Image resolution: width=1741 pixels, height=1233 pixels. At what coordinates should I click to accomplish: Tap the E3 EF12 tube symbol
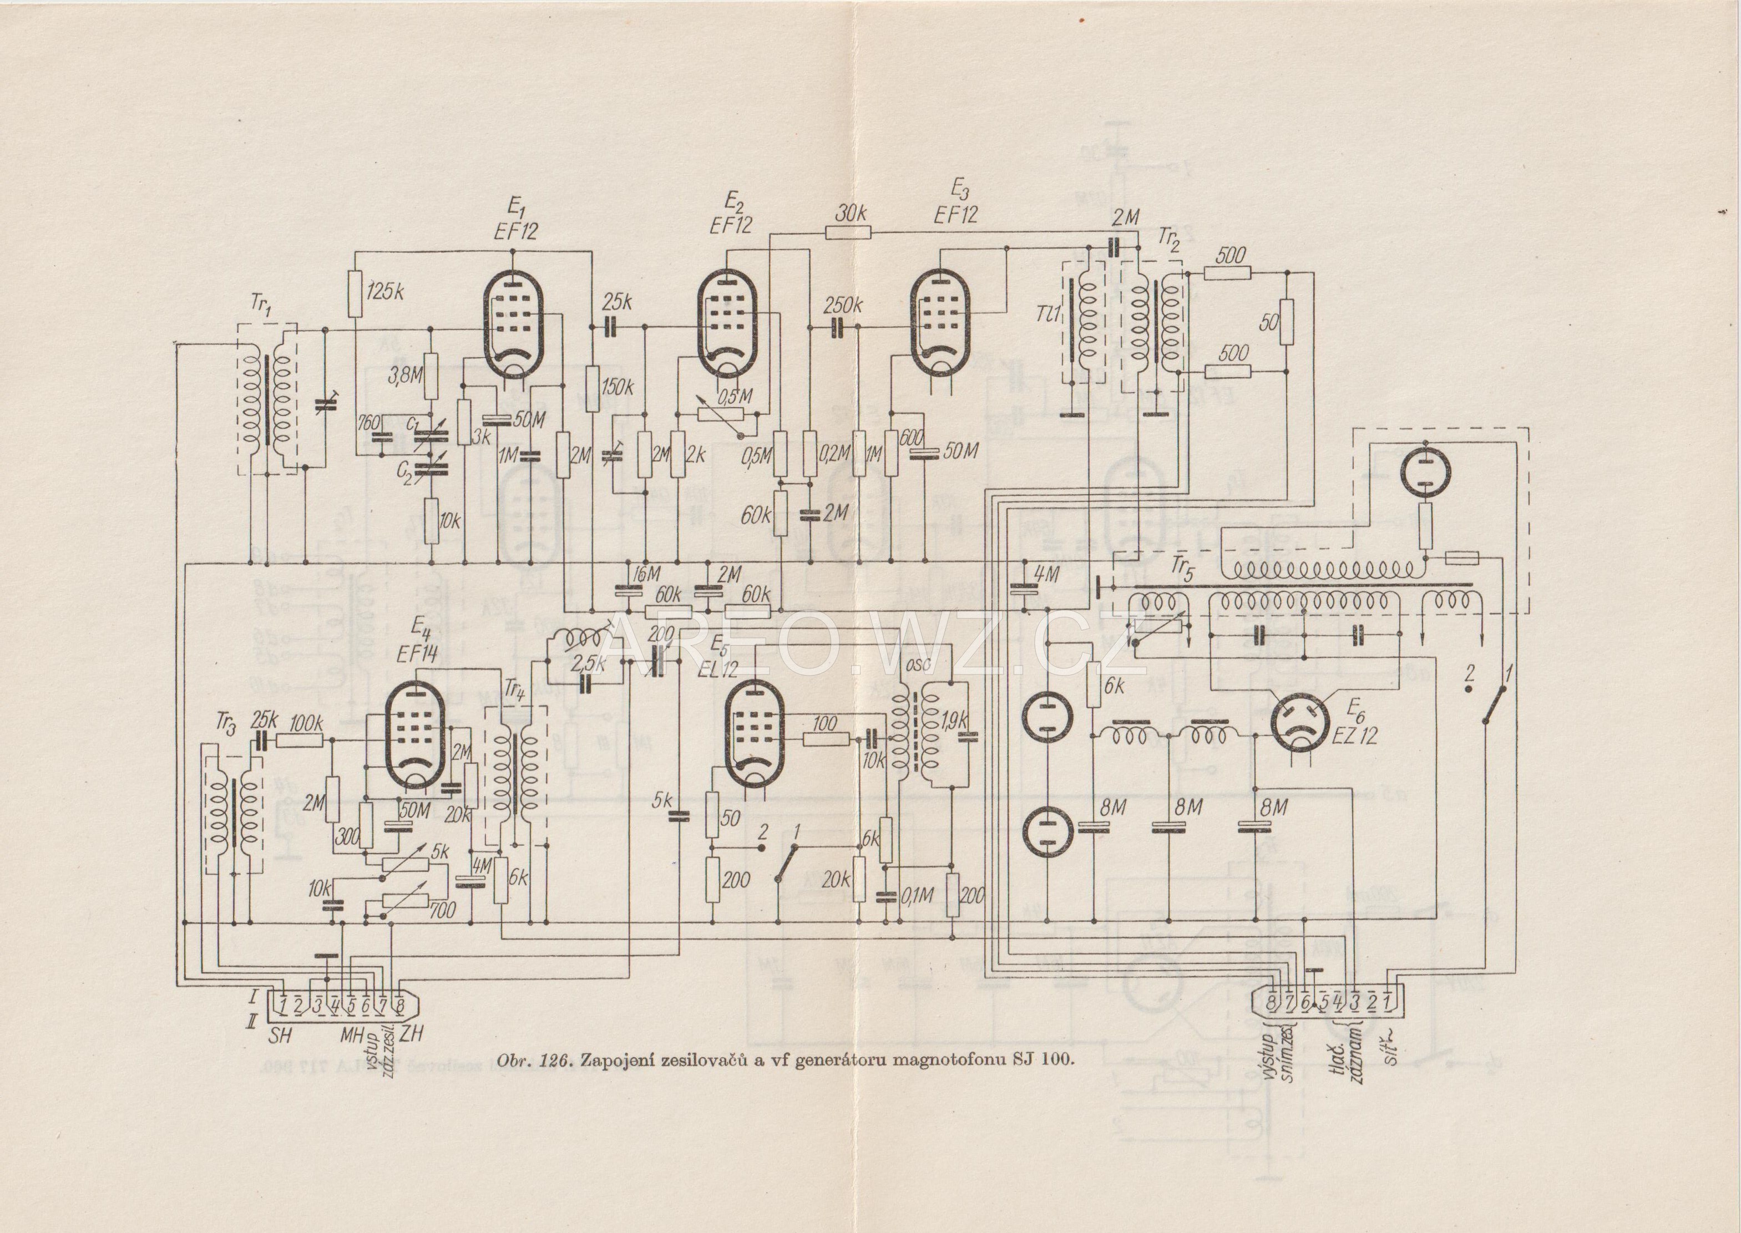[941, 324]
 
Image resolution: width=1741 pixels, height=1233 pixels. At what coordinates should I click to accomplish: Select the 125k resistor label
[385, 293]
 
